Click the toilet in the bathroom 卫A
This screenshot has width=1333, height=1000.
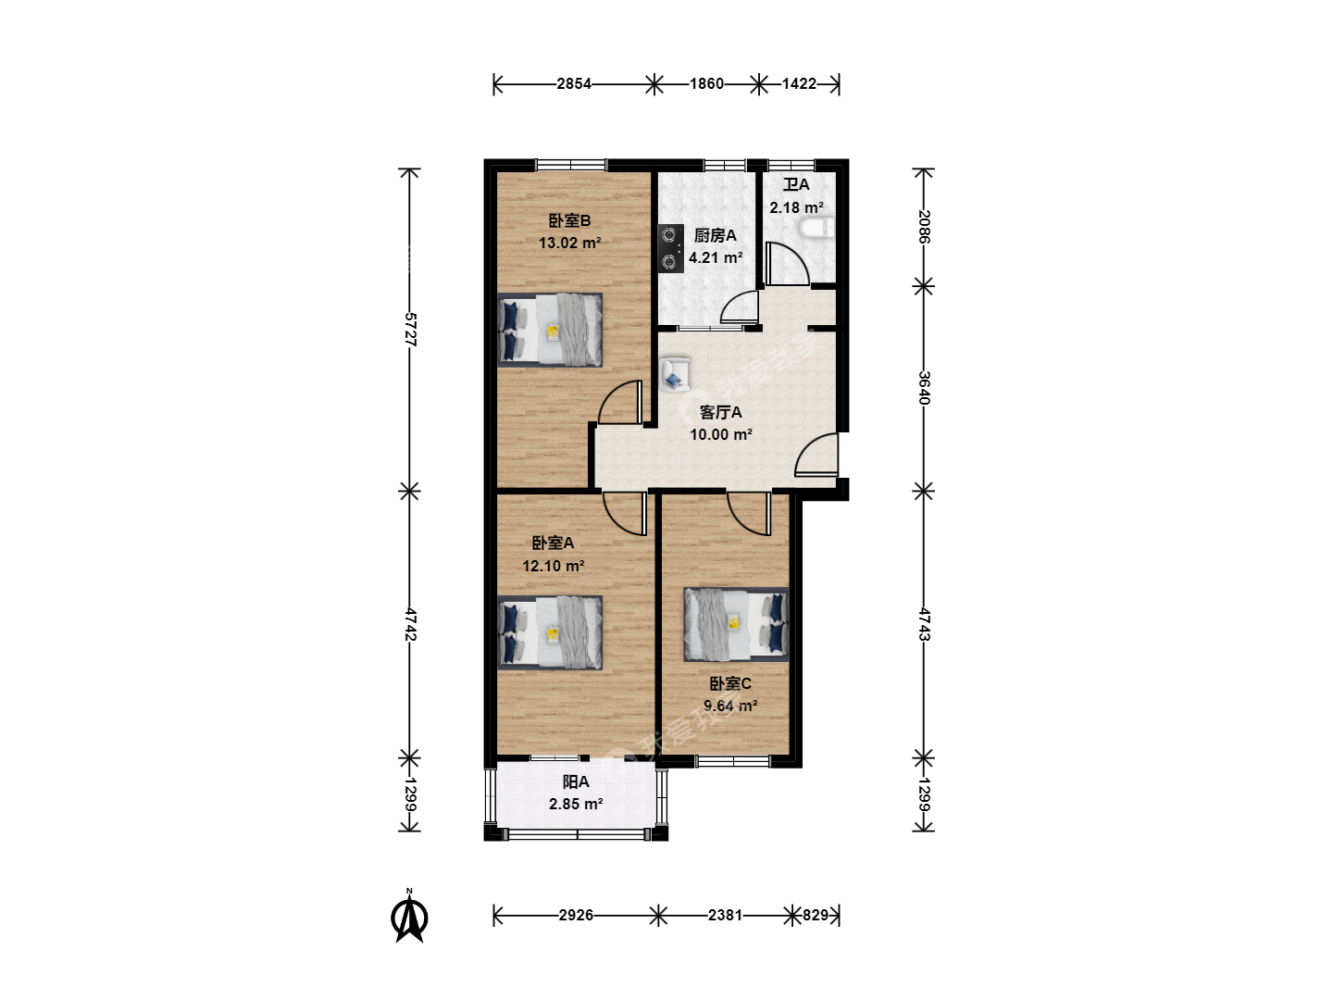817,229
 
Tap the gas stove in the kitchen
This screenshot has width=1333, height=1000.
670,248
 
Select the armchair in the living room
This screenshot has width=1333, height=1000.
675,375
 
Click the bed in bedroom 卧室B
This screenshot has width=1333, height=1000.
550,331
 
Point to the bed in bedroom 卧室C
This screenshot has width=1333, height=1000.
736,624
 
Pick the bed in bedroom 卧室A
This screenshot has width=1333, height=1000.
550,632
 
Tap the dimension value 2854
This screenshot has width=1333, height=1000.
573,83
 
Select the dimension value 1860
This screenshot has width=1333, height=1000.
706,83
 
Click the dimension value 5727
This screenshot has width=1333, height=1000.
410,329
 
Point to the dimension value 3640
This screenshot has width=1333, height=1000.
924,387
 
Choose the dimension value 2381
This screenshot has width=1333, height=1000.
725,915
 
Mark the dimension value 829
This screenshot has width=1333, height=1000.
816,915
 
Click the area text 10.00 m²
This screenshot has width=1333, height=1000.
721,435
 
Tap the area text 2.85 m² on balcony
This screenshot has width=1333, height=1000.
576,805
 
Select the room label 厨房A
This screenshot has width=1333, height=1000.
716,235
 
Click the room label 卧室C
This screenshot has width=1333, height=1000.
730,683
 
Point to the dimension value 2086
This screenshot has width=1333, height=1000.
924,227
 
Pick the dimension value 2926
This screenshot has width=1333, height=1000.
576,915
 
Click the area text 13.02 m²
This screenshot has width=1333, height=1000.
569,244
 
